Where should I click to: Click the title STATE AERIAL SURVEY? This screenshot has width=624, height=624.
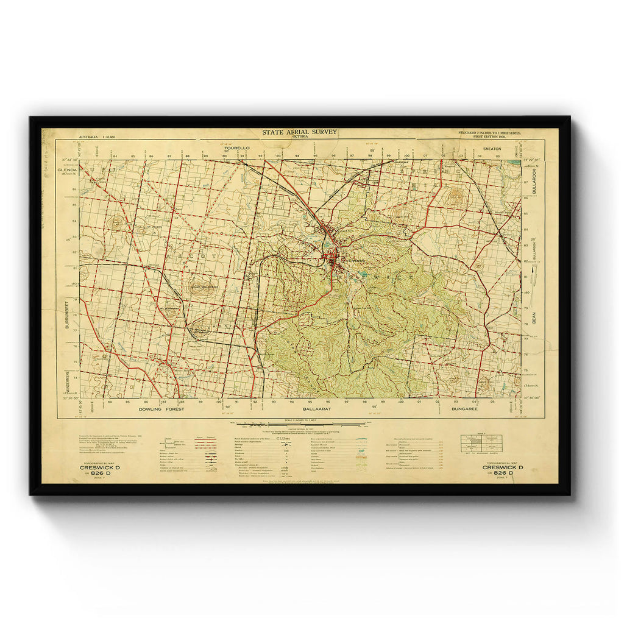299,132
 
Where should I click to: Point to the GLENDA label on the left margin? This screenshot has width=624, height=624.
68,169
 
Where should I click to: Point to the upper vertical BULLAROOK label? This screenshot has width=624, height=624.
534,180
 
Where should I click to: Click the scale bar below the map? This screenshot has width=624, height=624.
299,422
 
